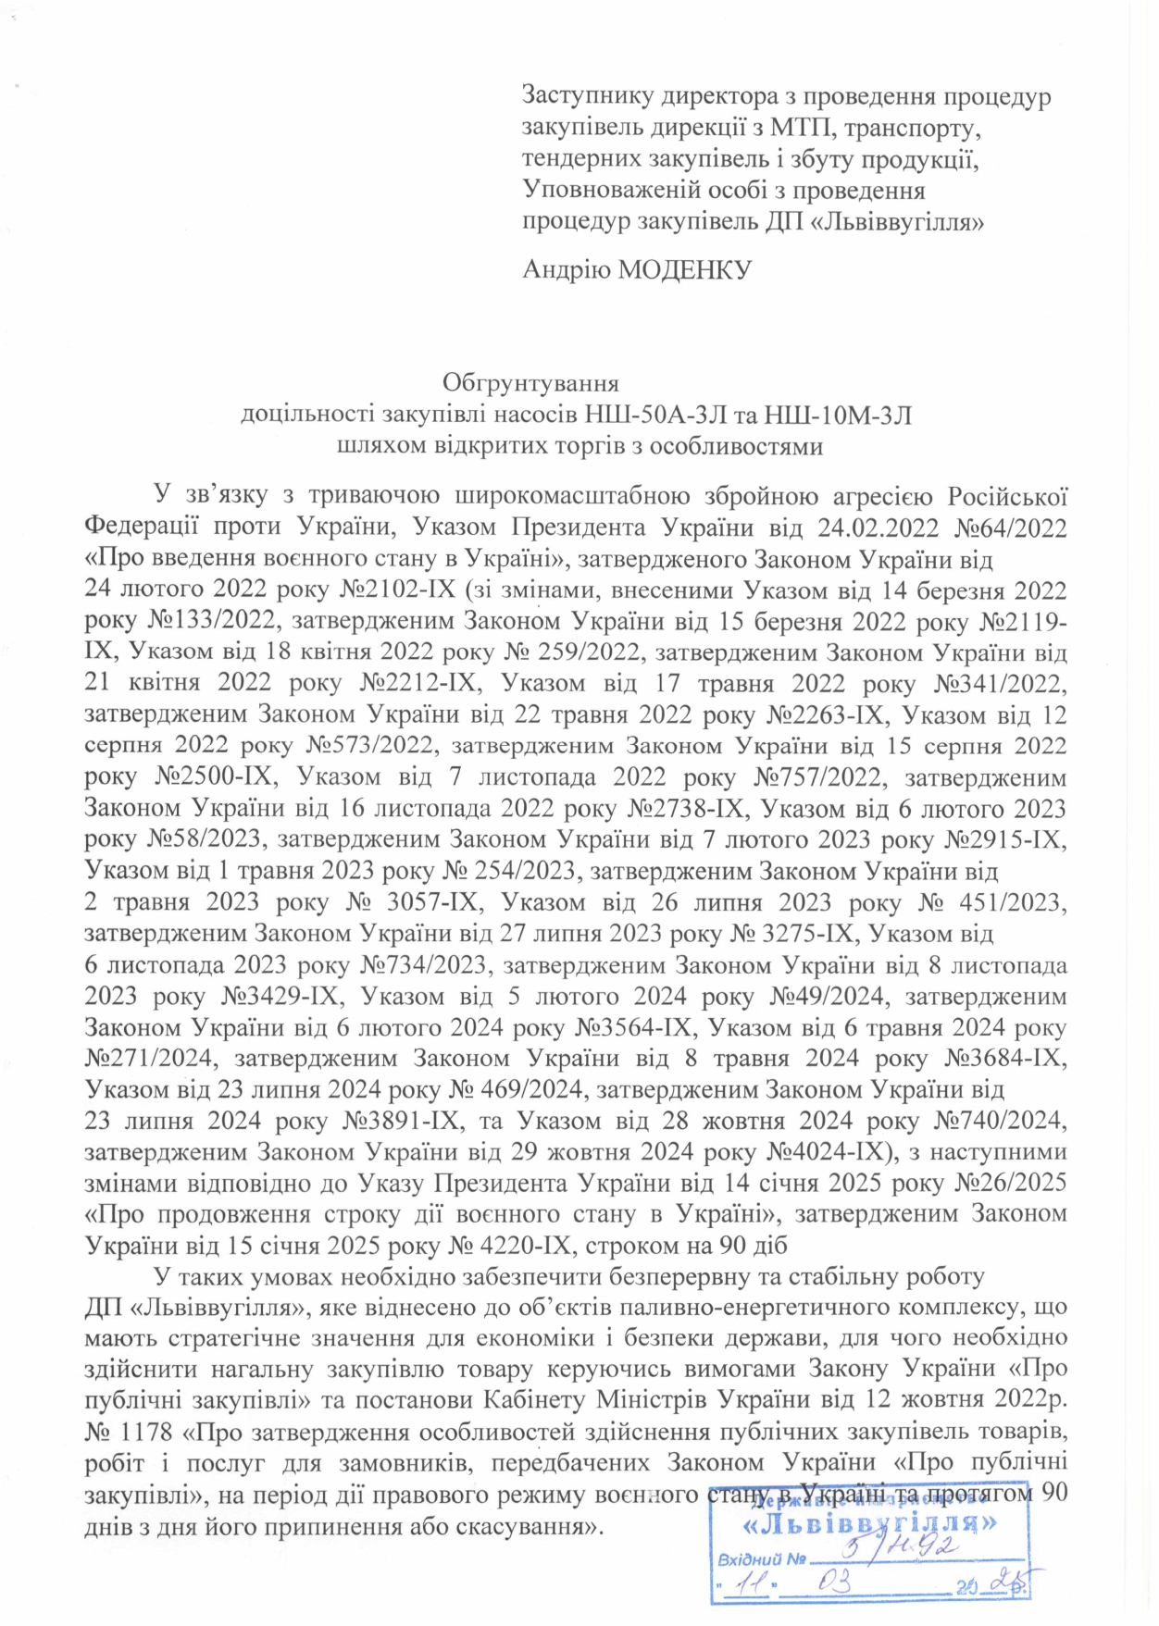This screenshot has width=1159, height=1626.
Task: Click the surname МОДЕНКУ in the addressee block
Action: pos(684,269)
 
